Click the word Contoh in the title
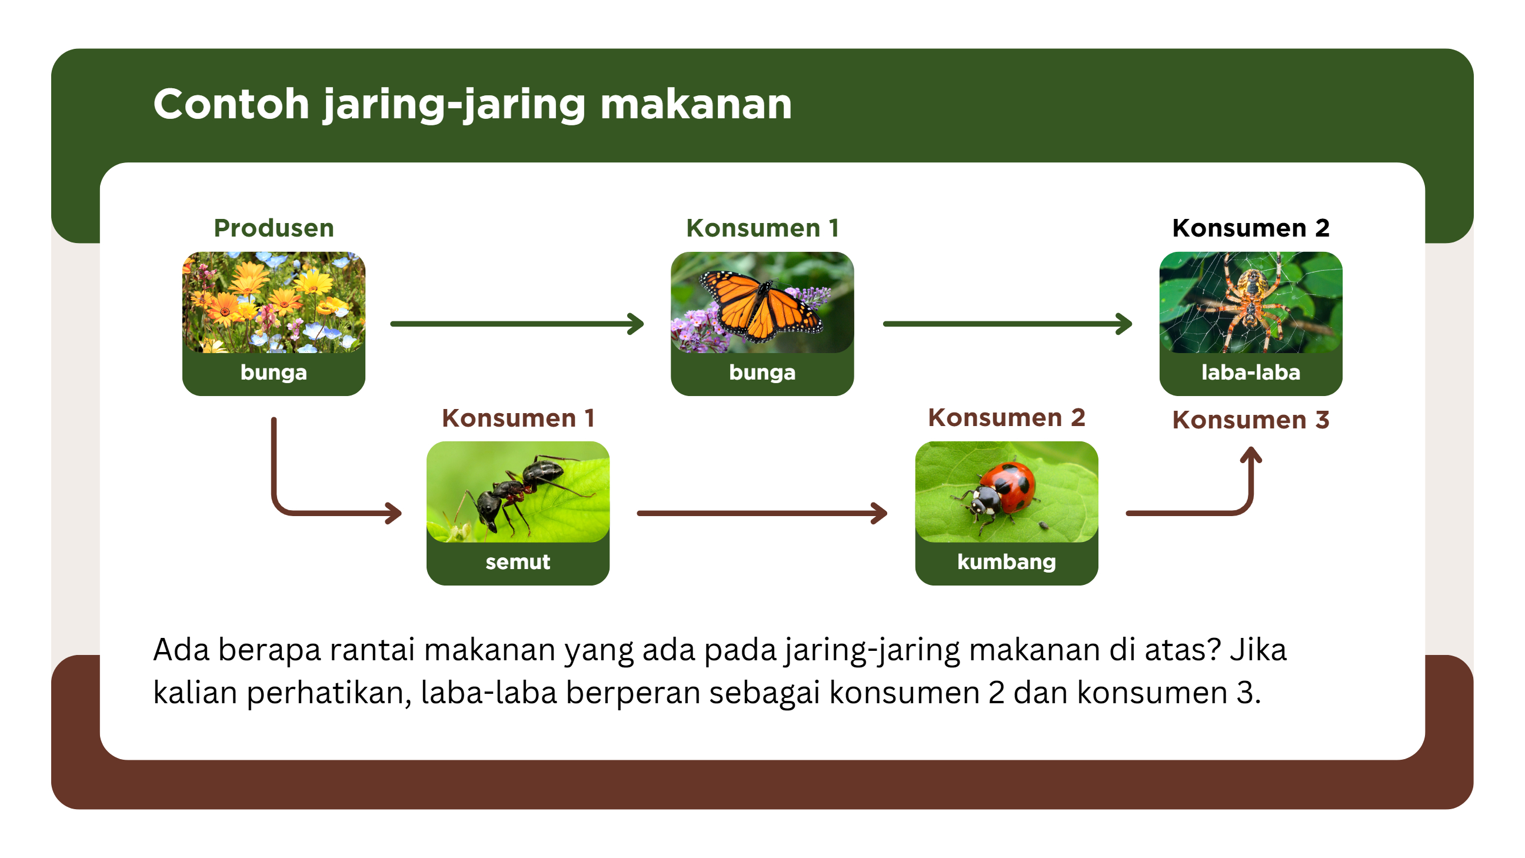click(x=231, y=104)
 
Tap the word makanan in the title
click(x=696, y=104)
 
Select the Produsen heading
click(x=274, y=228)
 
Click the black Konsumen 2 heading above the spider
click(x=1250, y=228)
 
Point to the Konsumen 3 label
click(x=1250, y=420)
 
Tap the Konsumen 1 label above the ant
click(x=518, y=418)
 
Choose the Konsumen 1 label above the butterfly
click(x=762, y=228)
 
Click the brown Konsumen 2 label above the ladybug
click(x=1007, y=417)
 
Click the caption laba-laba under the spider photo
click(x=1250, y=373)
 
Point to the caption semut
click(x=518, y=562)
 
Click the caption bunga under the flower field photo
click(x=274, y=373)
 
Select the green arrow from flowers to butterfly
click(x=517, y=324)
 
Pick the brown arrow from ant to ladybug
click(x=762, y=513)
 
